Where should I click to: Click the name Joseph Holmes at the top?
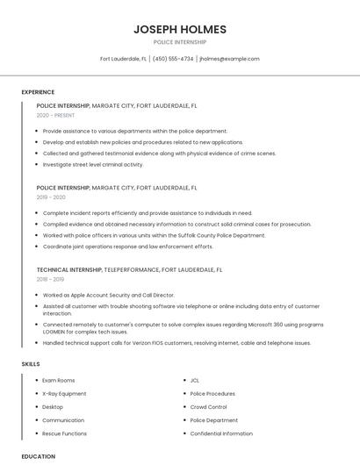pos(179,29)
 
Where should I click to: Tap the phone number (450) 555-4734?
pos(173,59)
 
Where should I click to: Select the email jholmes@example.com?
pos(229,59)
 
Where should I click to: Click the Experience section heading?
pos(38,92)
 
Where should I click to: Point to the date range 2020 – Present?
pos(55,116)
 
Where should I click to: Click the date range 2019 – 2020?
pos(51,197)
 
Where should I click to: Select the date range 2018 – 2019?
pos(51,280)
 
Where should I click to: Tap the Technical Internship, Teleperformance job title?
pos(129,270)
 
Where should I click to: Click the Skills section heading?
pos(31,363)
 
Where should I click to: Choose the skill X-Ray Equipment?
pos(65,394)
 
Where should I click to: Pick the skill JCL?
pos(195,381)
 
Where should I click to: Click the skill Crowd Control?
pos(209,407)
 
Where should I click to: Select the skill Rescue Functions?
pos(64,433)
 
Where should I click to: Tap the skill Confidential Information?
pos(221,433)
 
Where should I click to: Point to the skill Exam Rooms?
pos(59,381)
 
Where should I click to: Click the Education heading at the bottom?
pos(39,457)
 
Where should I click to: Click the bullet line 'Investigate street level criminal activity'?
pos(92,164)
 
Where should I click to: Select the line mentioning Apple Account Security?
pos(108,295)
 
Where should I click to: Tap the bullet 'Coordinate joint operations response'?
pos(127,247)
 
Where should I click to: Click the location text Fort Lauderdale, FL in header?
pos(123,59)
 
